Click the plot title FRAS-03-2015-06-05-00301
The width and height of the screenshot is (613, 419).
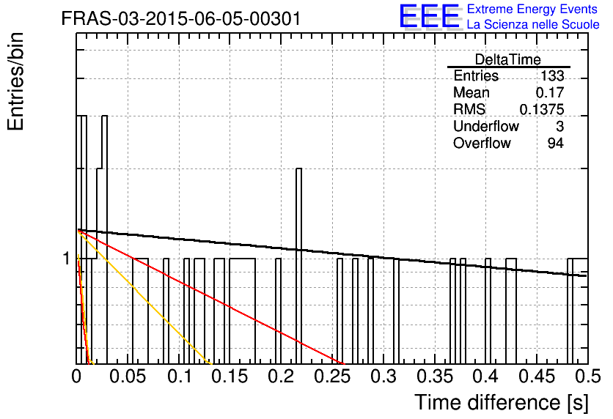tap(181, 18)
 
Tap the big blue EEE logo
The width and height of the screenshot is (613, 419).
tap(430, 16)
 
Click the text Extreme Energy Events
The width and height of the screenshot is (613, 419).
tap(532, 9)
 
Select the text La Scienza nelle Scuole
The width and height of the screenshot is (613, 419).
tap(533, 24)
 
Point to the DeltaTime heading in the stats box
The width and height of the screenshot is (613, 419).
tap(508, 59)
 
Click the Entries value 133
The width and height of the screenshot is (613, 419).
tap(552, 75)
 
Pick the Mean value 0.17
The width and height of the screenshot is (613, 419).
tap(550, 92)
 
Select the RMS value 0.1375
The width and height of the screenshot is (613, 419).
tap(542, 109)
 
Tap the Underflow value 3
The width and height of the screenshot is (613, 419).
tap(559, 126)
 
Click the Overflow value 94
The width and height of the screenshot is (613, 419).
tap(556, 143)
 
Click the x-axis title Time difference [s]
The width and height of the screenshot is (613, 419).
tap(502, 402)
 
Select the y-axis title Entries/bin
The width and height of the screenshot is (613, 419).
tap(15, 82)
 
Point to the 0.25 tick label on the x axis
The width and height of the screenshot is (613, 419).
tap(333, 377)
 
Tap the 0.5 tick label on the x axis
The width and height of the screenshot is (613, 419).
tap(588, 377)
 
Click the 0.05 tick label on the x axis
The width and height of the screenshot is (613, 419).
tap(128, 377)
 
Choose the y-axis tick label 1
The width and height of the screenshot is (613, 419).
tap(67, 259)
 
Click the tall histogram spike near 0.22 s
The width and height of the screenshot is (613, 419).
tap(298, 265)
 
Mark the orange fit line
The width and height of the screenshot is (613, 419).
tap(145, 297)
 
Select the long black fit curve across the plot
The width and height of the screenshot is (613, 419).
tap(332, 252)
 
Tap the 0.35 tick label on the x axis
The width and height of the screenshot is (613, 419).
tap(435, 377)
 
